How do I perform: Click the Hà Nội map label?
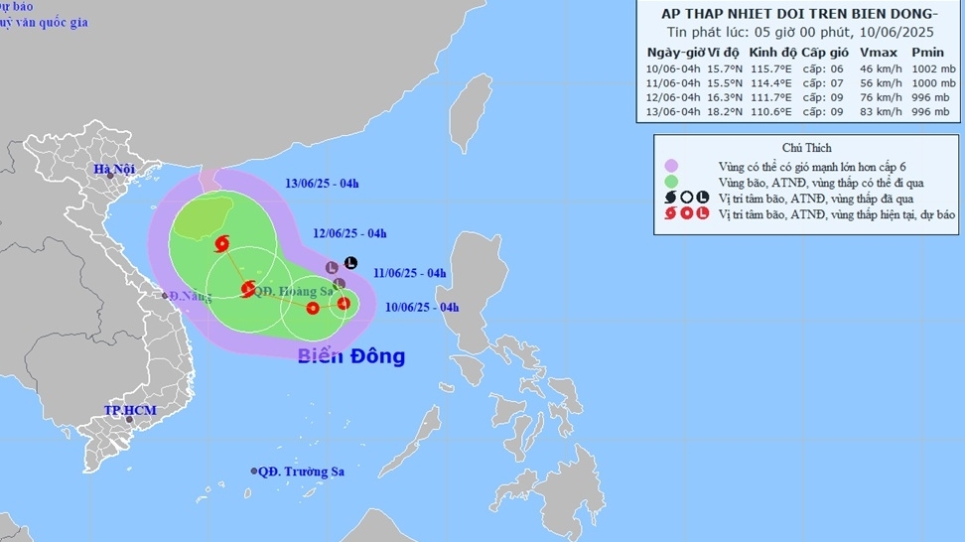pyautogui.click(x=114, y=170)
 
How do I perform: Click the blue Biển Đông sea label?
pyautogui.click(x=351, y=355)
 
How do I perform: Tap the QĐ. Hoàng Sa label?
pyautogui.click(x=294, y=291)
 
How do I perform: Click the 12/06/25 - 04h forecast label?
pyautogui.click(x=349, y=234)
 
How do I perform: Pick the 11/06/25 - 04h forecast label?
pyautogui.click(x=410, y=273)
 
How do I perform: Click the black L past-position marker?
pyautogui.click(x=349, y=263)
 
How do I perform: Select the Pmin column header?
pyautogui.click(x=928, y=53)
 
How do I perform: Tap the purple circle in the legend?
pyautogui.click(x=672, y=166)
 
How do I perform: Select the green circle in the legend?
pyautogui.click(x=672, y=182)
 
